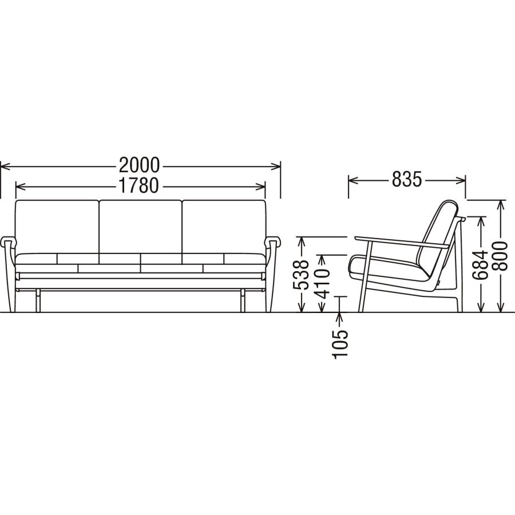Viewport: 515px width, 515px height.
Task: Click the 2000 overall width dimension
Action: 139,165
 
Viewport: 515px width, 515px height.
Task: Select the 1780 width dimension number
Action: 138,185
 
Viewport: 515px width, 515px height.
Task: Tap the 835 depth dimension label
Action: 406,180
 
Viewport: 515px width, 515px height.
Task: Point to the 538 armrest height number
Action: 301,275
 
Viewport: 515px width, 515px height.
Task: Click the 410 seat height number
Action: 322,283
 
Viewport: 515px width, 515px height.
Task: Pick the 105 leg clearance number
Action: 339,344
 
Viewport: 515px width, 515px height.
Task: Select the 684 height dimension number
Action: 482,264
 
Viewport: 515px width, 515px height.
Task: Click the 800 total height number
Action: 500,256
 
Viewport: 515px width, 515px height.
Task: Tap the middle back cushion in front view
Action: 140,227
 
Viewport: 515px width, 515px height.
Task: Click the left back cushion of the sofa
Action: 57,227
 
